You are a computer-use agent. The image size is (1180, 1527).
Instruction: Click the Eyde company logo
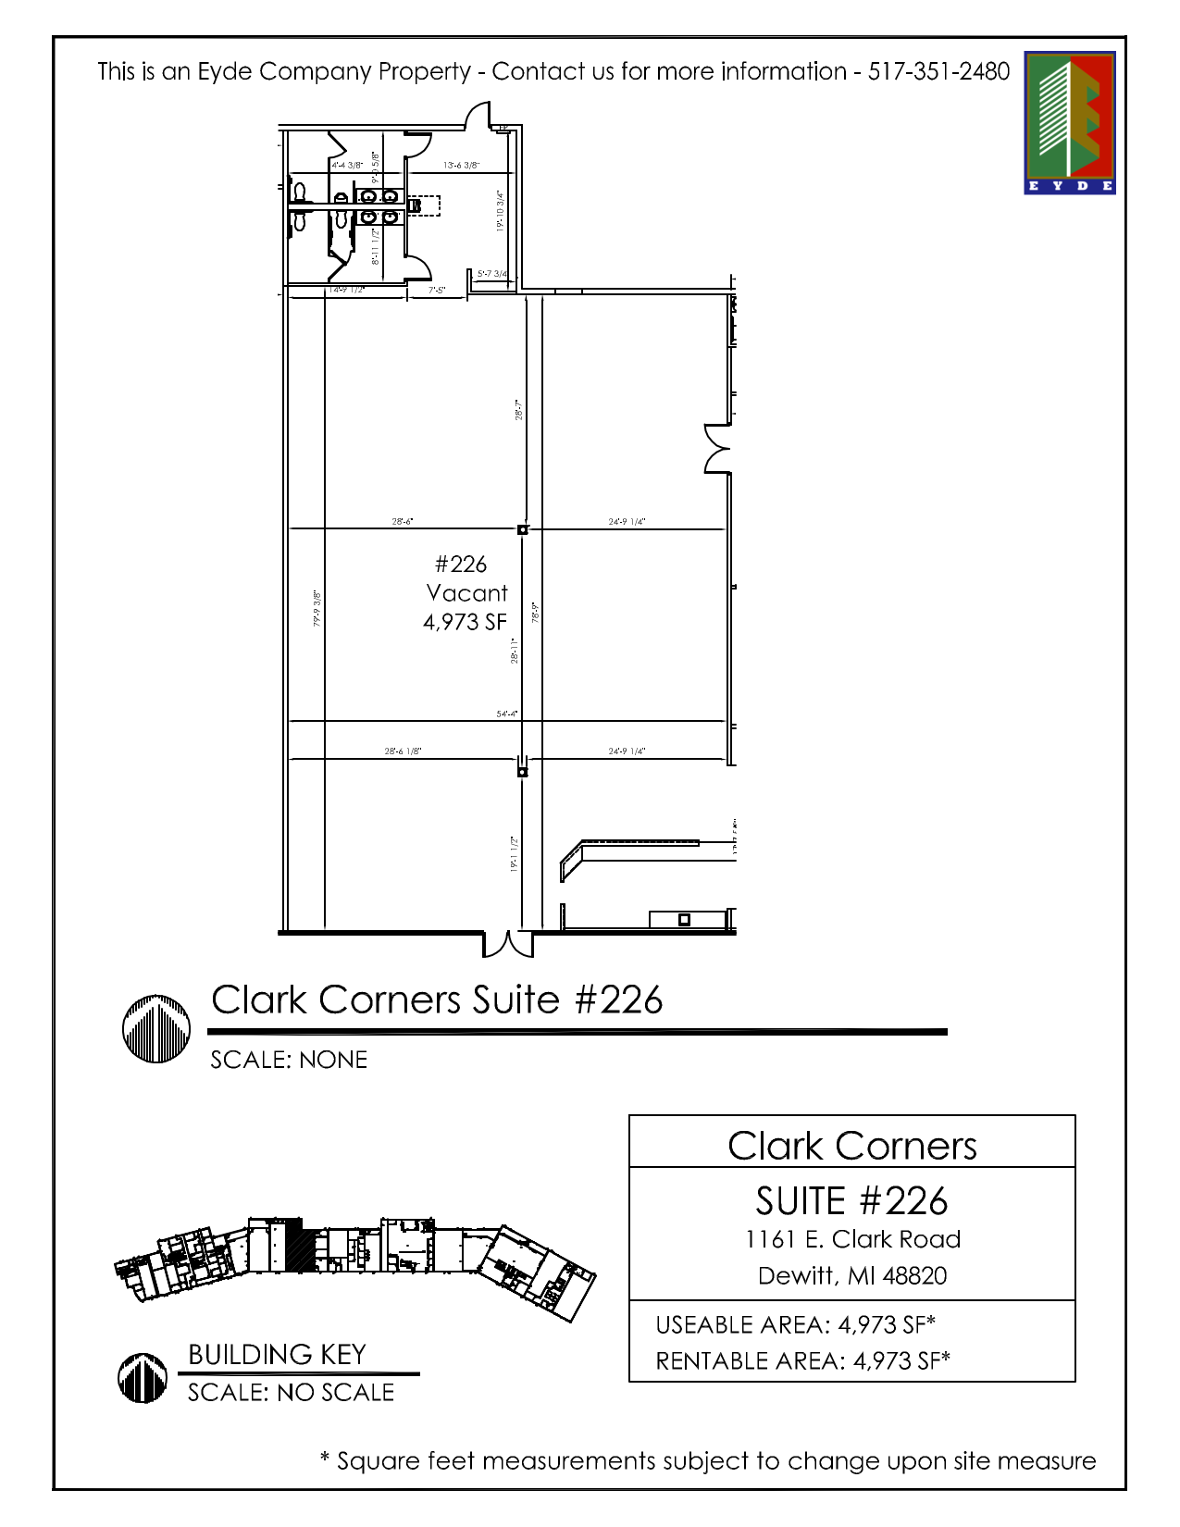1069,122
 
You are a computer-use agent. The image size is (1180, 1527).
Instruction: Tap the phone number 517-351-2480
938,72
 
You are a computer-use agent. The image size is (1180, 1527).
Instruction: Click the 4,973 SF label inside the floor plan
465,622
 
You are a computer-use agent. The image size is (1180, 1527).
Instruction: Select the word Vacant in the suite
466,593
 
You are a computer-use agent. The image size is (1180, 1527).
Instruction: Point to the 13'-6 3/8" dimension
461,166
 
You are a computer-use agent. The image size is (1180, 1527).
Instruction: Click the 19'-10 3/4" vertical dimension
500,211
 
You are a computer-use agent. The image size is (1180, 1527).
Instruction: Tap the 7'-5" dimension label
437,291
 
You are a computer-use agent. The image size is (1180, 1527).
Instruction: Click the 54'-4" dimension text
506,714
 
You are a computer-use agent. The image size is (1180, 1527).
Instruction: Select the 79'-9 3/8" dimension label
317,608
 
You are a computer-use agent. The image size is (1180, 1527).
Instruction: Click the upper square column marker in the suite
522,529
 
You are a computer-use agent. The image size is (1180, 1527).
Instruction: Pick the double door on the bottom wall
508,944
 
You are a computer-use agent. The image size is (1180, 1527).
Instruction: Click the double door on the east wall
717,449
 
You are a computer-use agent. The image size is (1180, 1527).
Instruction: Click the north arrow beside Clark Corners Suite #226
156,1028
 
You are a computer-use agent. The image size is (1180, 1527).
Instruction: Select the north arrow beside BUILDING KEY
143,1378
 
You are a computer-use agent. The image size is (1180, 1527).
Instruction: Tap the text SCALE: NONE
289,1060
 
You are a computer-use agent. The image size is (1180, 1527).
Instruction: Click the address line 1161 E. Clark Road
852,1239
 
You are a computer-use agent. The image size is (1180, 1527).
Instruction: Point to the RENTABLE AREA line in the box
802,1360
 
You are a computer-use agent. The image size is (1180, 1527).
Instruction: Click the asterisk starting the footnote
325,1459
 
